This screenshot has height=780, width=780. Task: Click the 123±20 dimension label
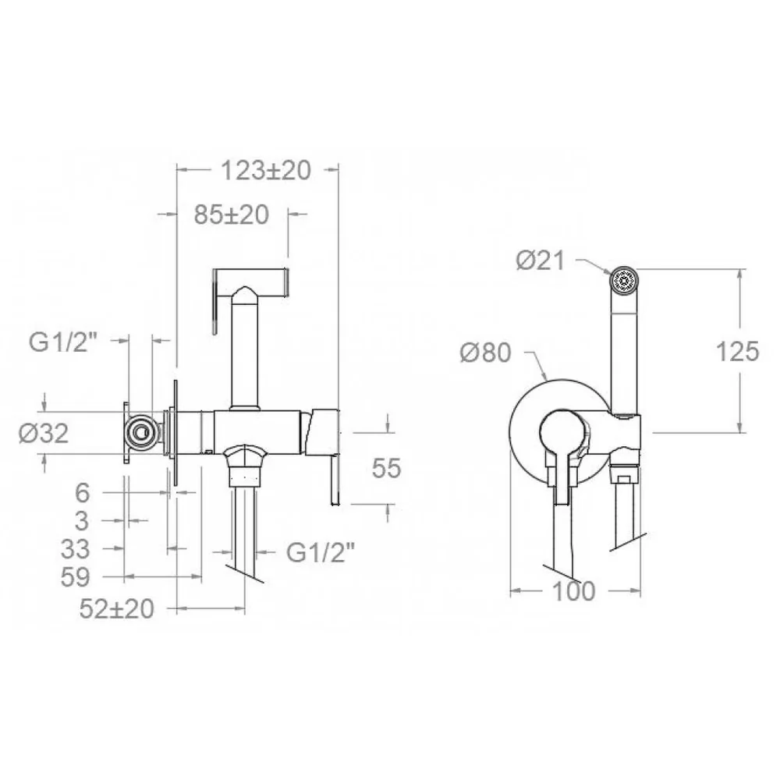pos(266,170)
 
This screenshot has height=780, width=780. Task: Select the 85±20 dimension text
pos(232,214)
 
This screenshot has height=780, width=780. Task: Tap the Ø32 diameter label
pos(43,433)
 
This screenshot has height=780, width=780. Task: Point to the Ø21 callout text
pos(541,261)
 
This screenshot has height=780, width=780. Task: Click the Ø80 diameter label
pos(485,353)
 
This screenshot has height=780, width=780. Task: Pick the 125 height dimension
pos(737,351)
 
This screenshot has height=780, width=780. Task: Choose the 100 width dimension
pos(573,591)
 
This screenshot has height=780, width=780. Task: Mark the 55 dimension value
pos(387,468)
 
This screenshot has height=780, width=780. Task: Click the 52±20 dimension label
pos(116,609)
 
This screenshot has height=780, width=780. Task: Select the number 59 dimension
pos(75,577)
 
